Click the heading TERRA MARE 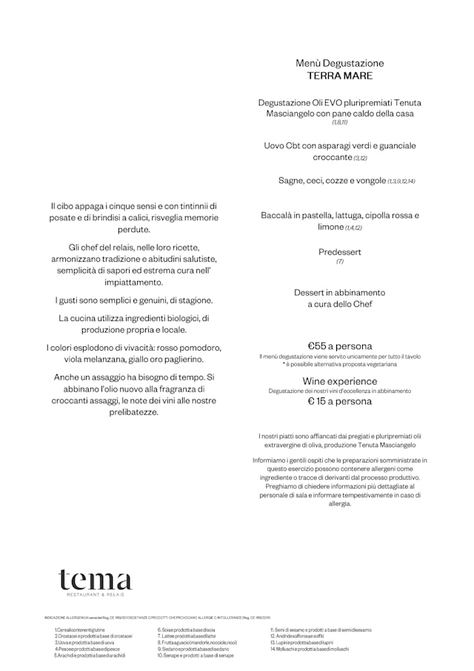340,76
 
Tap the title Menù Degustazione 340,63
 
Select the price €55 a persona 340,346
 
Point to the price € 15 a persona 340,402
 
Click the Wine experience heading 340,381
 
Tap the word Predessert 340,252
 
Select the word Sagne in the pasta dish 292,180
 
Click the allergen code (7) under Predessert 340,262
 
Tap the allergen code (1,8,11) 340,122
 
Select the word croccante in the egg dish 332,157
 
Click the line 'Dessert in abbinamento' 340,293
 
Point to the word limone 330,227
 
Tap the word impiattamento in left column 134,282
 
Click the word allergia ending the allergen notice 340,504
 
